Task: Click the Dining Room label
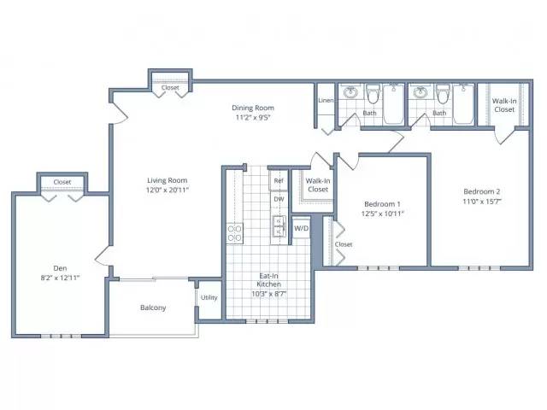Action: [253, 108]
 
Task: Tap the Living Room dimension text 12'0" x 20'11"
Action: [168, 190]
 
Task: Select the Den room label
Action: [60, 268]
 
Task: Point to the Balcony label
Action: [153, 307]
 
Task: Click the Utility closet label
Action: [209, 297]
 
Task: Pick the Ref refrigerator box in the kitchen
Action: [279, 180]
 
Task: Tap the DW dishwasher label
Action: [279, 199]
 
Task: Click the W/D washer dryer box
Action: [301, 228]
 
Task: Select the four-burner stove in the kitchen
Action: [235, 233]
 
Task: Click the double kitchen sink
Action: [279, 225]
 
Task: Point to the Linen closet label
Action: [326, 101]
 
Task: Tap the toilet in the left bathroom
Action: [373, 93]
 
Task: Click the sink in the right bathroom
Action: [421, 92]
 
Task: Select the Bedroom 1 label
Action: [382, 204]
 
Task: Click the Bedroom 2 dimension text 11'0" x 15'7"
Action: [482, 202]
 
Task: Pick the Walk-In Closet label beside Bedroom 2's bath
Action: [504, 105]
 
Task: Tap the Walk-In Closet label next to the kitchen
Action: [318, 185]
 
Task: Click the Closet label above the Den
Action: [62, 182]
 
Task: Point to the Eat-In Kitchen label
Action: [269, 280]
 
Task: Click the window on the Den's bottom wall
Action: [61, 336]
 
